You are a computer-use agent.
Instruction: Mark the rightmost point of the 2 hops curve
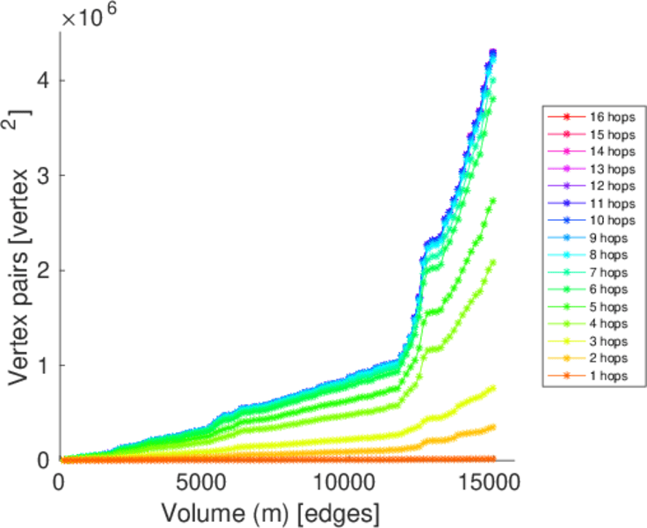coord(493,427)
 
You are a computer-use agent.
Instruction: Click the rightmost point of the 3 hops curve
coord(493,387)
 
